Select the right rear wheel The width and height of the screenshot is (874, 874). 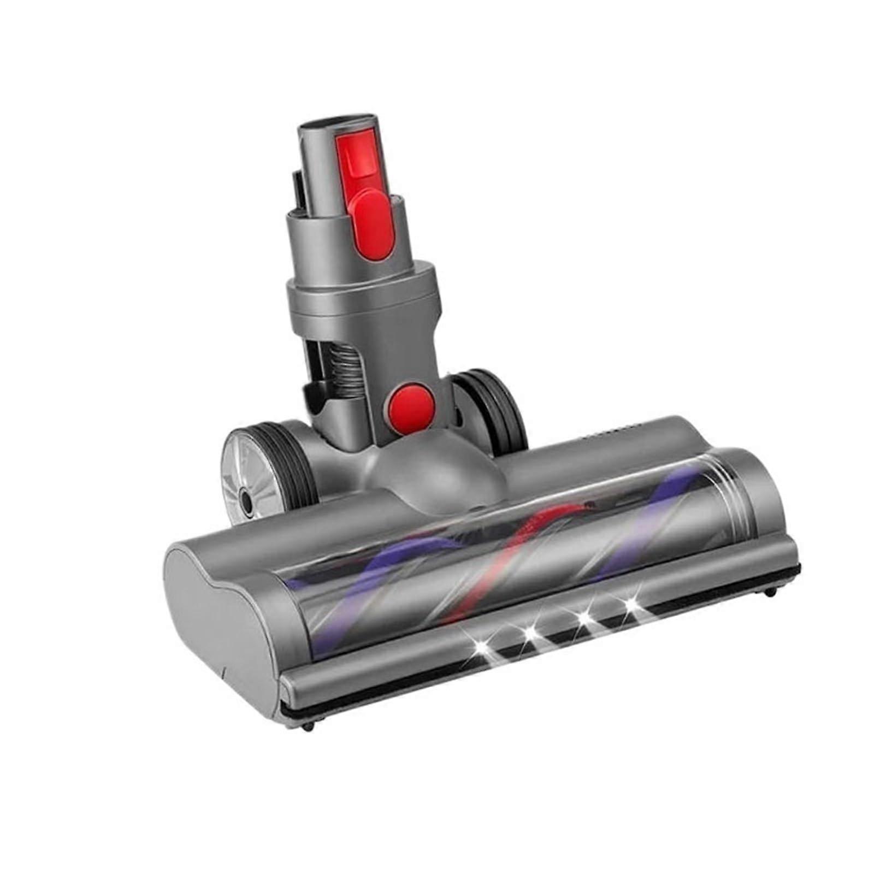pos(490,407)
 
